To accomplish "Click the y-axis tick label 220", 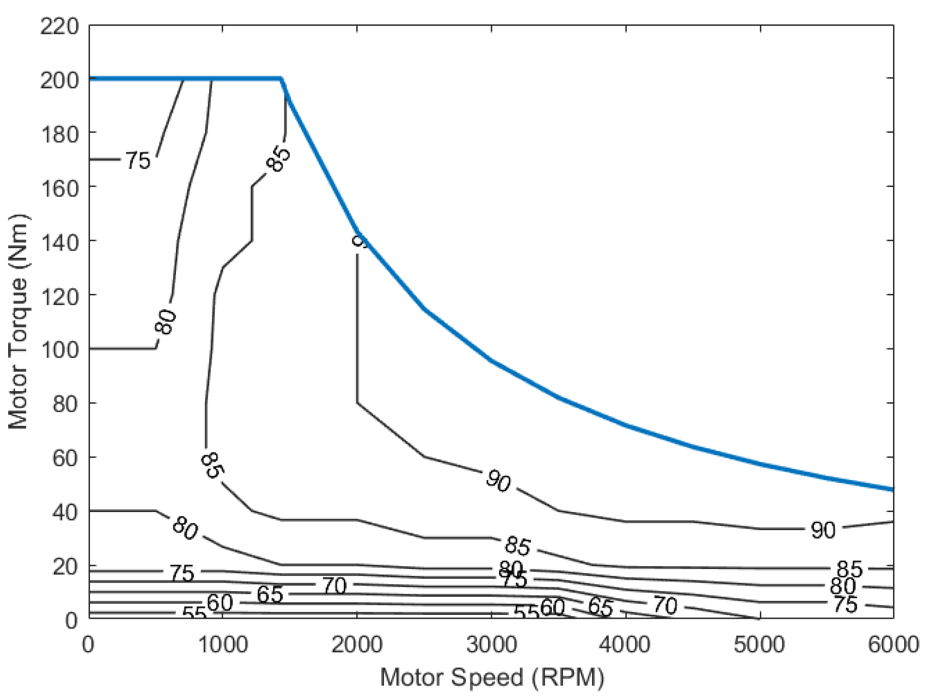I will click(60, 27).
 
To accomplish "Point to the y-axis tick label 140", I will click(60, 243).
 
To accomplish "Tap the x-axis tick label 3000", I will click(491, 644).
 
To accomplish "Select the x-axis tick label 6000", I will click(893, 644).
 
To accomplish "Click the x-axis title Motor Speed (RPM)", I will click(492, 677).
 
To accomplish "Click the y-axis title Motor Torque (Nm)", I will click(18, 321).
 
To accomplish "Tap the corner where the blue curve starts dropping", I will click(281, 78).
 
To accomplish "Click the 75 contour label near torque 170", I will click(137, 161).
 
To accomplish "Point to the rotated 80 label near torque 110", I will click(165, 321).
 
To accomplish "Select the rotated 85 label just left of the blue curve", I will click(278, 159).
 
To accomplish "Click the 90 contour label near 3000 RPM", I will click(498, 480).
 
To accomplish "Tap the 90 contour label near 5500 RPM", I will click(822, 530).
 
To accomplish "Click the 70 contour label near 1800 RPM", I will click(334, 585).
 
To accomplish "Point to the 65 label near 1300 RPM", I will click(270, 594).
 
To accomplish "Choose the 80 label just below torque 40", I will click(185, 528).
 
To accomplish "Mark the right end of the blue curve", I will click(892, 489).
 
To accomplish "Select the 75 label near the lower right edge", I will click(846, 605).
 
